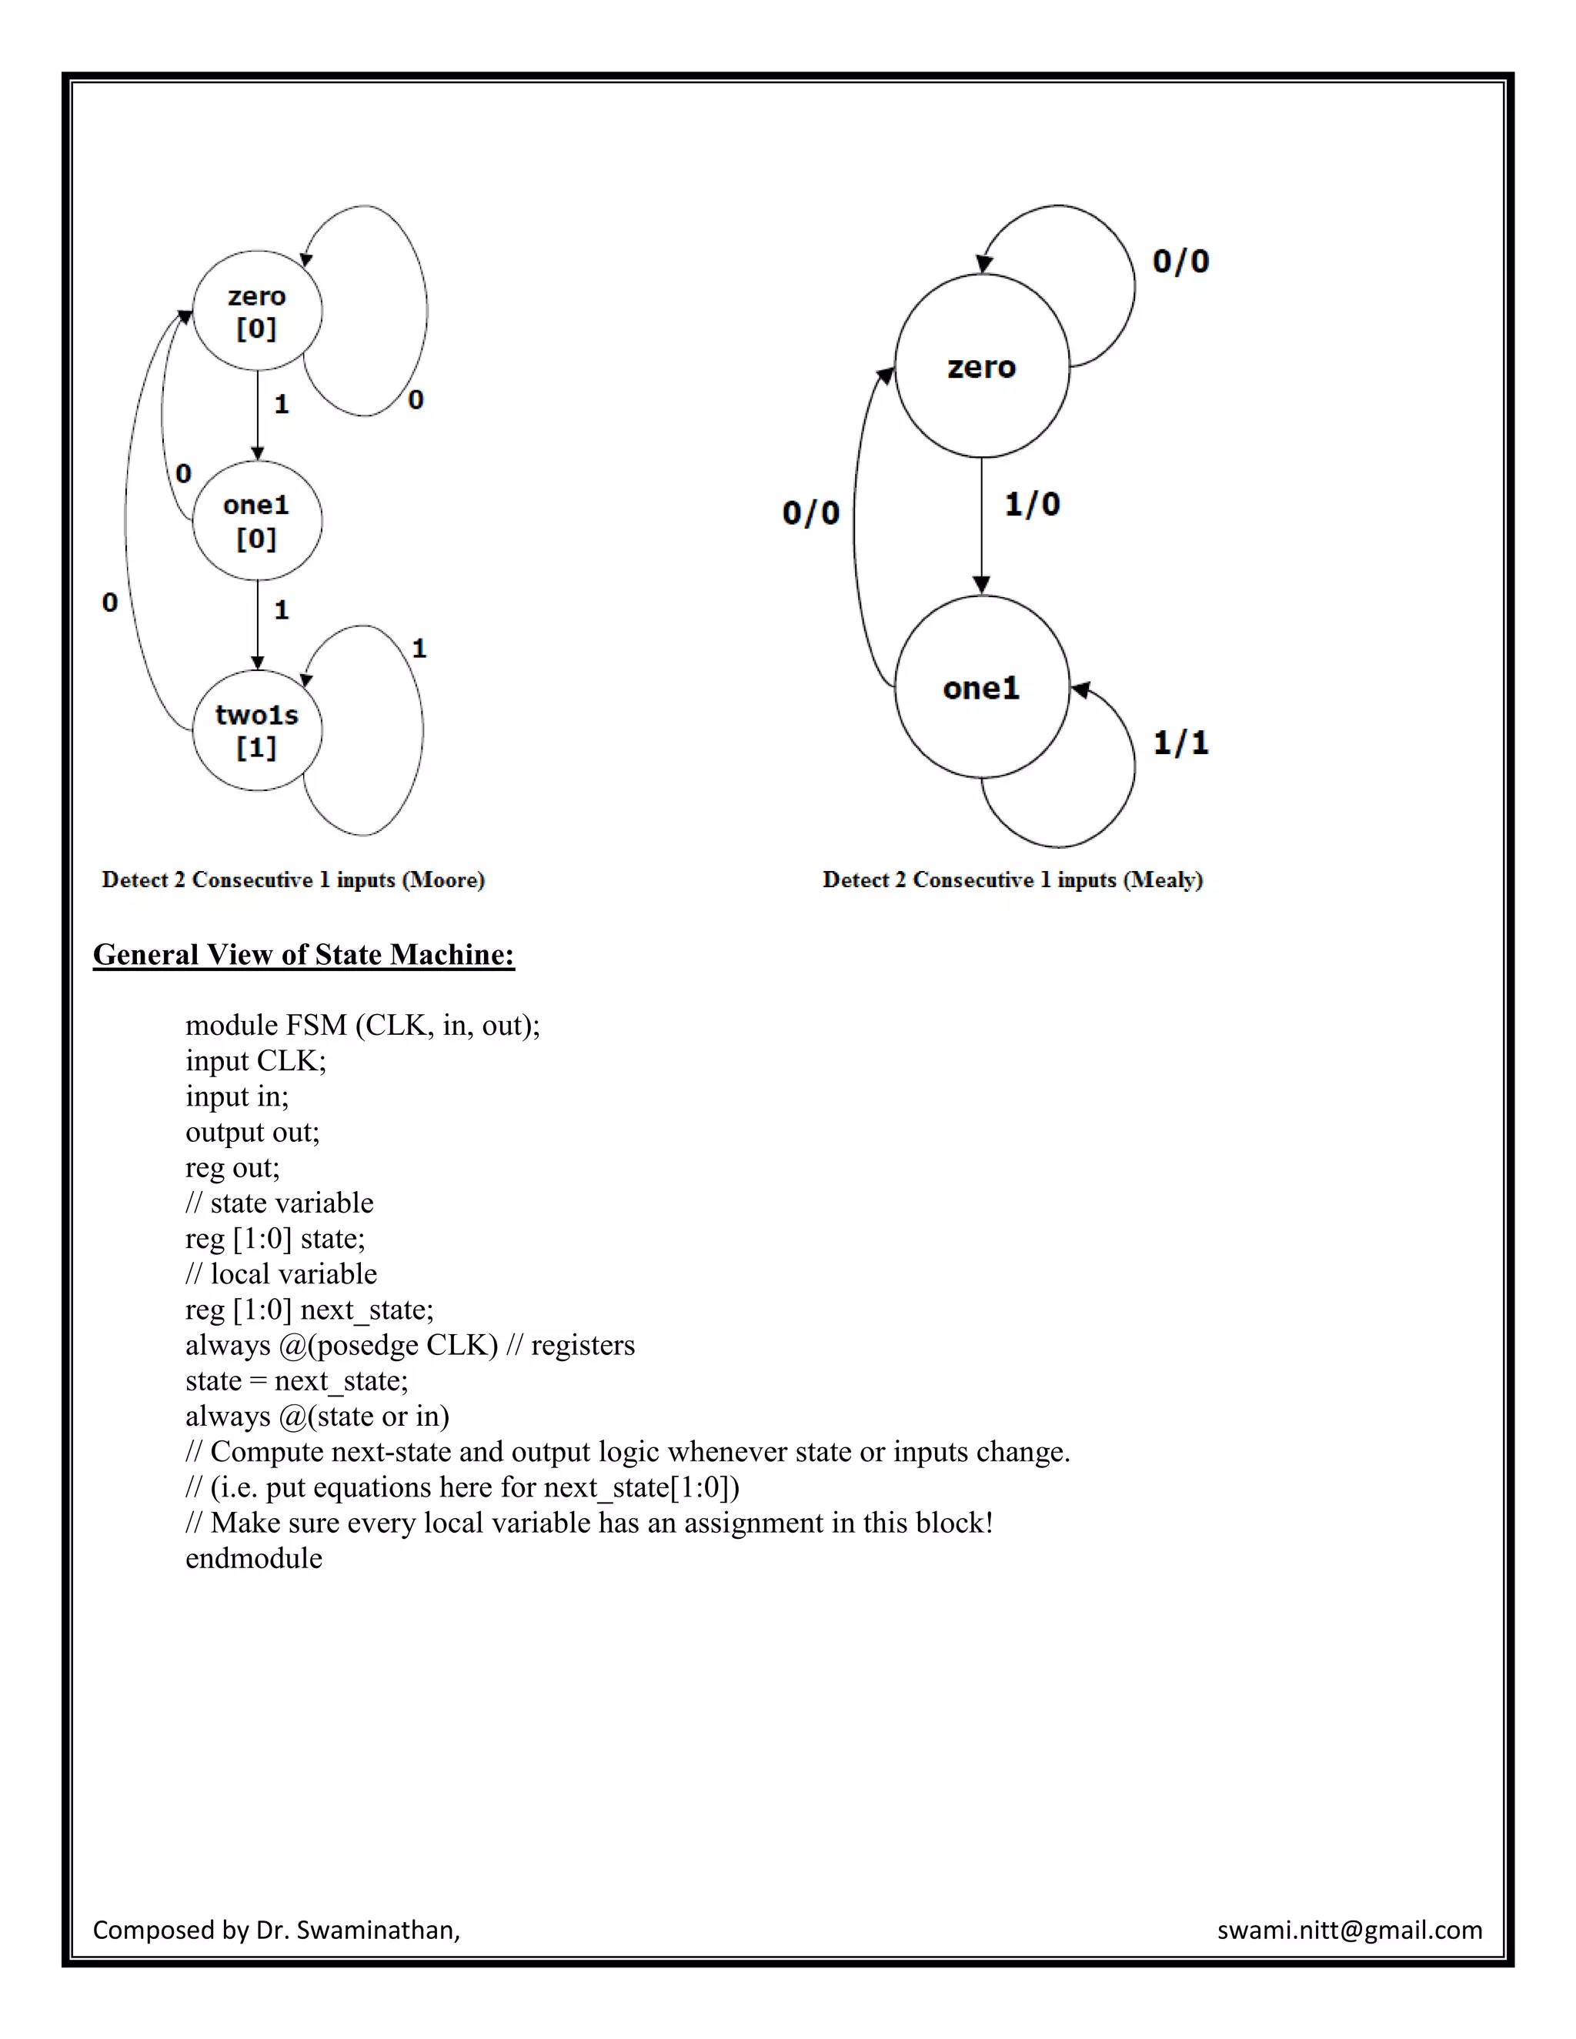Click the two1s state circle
click(x=257, y=730)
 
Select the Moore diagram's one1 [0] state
click(x=257, y=520)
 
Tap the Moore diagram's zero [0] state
click(x=257, y=311)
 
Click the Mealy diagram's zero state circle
click(x=981, y=366)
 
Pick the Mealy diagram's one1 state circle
click(x=981, y=688)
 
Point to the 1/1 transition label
click(x=1180, y=743)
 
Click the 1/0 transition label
click(x=1032, y=505)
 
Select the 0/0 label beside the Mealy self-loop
click(x=1180, y=262)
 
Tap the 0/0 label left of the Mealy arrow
click(x=810, y=512)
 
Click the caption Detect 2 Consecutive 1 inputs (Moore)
click(x=293, y=879)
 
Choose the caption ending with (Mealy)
click(x=1012, y=879)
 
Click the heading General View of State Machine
click(x=303, y=954)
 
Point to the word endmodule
click(x=254, y=1558)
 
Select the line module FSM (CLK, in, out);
click(x=362, y=1025)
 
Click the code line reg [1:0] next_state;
click(x=309, y=1310)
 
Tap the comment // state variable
click(x=279, y=1203)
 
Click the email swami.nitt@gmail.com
click(x=1349, y=1930)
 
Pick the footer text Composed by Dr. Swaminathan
click(x=276, y=1930)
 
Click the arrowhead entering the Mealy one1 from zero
click(x=981, y=586)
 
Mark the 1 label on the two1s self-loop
click(x=419, y=648)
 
